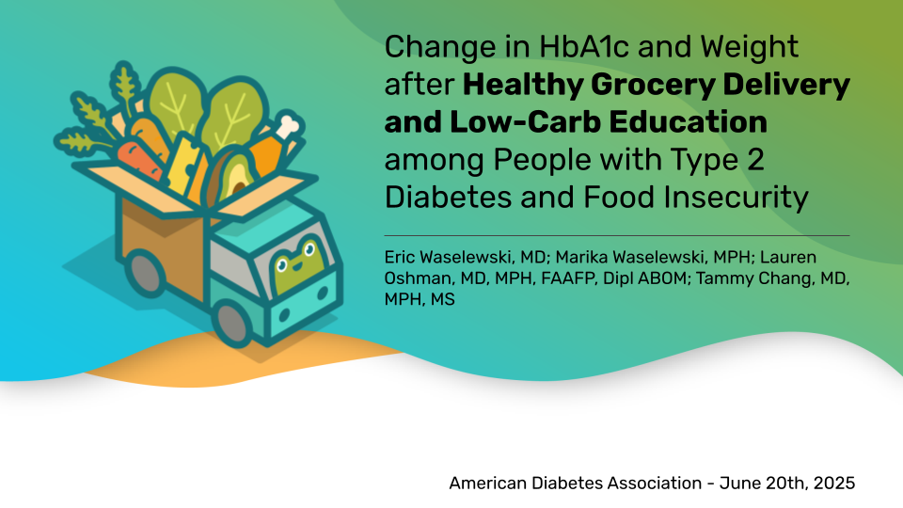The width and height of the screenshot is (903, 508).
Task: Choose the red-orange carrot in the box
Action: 139,157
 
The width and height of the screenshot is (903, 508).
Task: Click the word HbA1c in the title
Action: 584,47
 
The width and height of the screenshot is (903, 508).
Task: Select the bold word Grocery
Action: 653,86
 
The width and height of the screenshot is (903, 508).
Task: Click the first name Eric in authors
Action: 399,257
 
